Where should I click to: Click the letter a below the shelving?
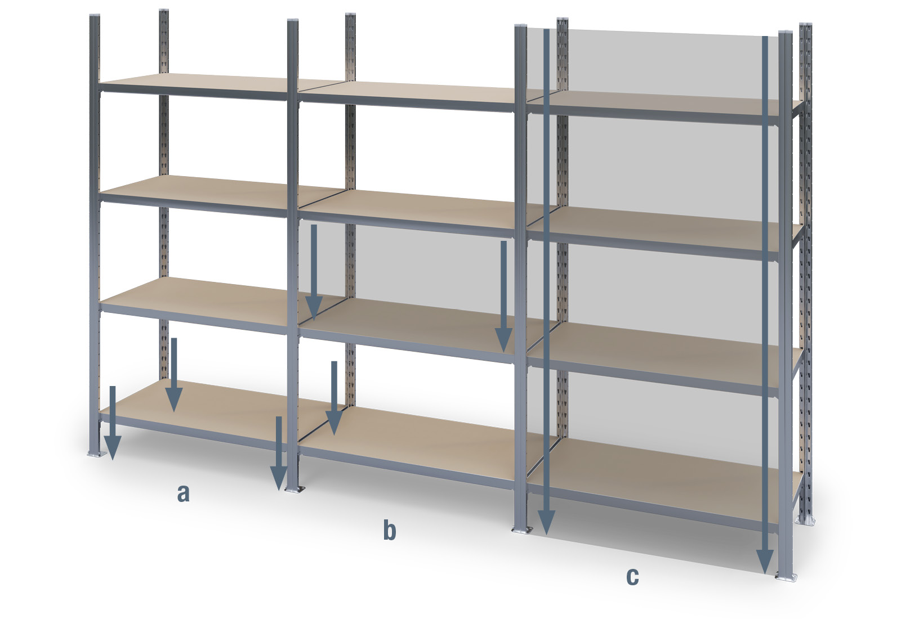183,494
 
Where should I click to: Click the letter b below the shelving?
389,531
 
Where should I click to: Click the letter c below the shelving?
632,576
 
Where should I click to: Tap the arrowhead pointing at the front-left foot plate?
112,450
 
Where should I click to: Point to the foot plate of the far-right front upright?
786,577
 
